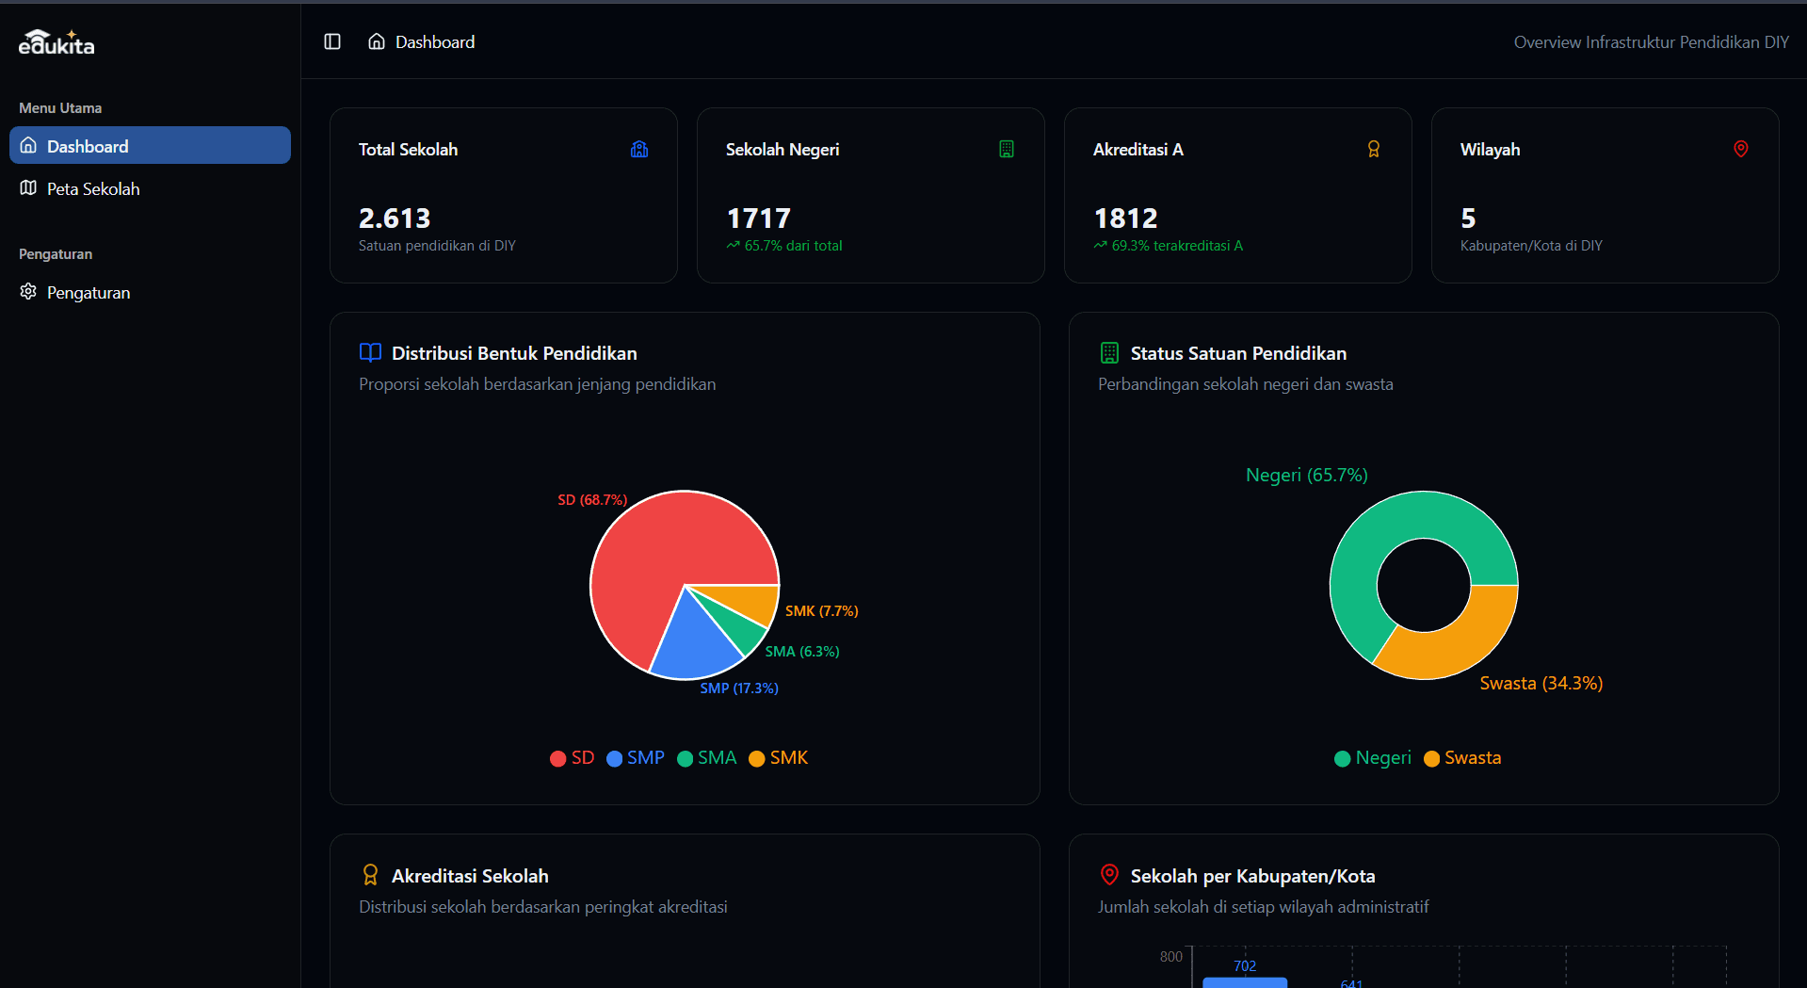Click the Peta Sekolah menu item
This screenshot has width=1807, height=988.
tap(92, 189)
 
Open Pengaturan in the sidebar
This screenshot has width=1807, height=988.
tap(88, 293)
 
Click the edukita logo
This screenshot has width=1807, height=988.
tap(56, 43)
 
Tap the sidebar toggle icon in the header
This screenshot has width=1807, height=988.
tap(332, 41)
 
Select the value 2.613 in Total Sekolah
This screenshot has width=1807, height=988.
tap(395, 219)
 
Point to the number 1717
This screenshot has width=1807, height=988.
tap(759, 219)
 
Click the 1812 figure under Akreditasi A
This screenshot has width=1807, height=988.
tap(1125, 219)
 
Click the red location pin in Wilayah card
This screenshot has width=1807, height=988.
tap(1740, 149)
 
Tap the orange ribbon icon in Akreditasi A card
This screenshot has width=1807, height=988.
tap(1373, 149)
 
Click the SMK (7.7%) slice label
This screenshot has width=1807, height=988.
tap(821, 611)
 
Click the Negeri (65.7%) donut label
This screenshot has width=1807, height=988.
tap(1306, 476)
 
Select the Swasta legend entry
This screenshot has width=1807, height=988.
tap(1462, 758)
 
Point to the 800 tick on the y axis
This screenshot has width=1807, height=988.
tap(1170, 957)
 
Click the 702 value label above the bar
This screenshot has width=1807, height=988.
tap(1244, 966)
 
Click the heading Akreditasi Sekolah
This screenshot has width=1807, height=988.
tap(470, 876)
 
